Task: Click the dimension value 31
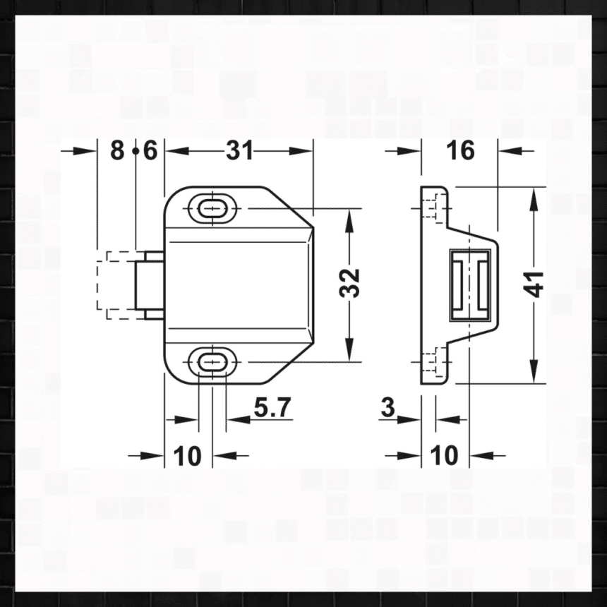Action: [x=239, y=150]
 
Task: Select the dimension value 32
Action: [x=349, y=282]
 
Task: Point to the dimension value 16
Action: [x=460, y=150]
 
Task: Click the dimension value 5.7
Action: [x=272, y=407]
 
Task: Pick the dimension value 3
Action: [x=387, y=407]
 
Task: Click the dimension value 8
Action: [x=117, y=150]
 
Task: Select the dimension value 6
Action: [x=150, y=150]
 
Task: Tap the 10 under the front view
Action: [x=187, y=456]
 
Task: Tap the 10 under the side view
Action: [x=445, y=456]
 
